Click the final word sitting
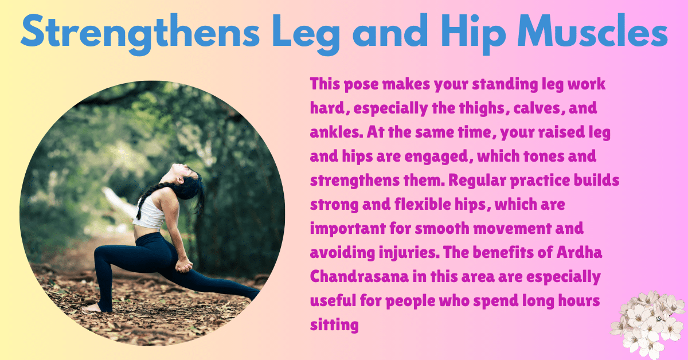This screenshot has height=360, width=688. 334,325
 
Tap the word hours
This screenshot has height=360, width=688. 572,301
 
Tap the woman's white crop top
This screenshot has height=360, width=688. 150,215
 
